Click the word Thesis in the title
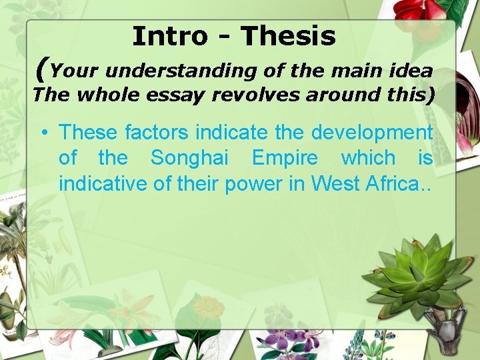pyautogui.click(x=289, y=36)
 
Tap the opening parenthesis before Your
pyautogui.click(x=42, y=69)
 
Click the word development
pyautogui.click(x=369, y=132)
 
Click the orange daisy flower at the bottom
pyautogui.click(x=209, y=308)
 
